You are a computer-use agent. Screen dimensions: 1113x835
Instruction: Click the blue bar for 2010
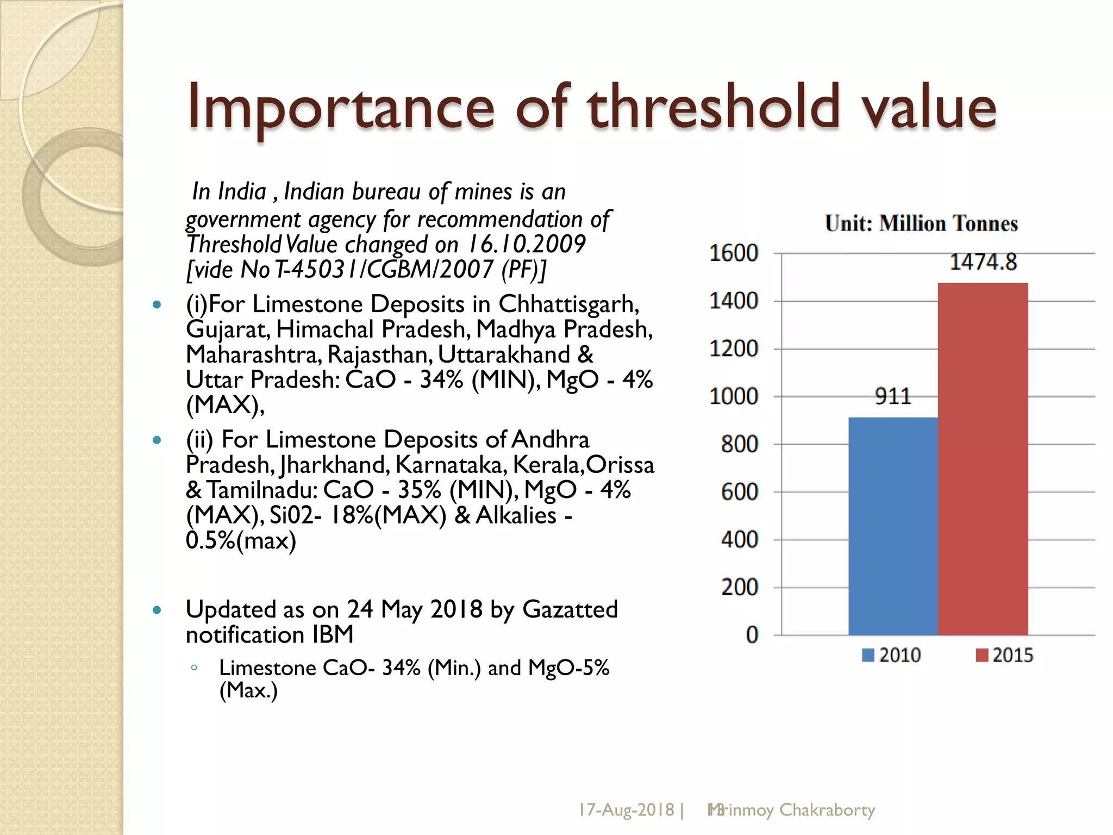[x=893, y=526]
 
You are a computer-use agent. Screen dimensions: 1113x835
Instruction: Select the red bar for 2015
[x=983, y=459]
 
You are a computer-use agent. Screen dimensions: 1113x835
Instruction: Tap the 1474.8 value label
[x=983, y=262]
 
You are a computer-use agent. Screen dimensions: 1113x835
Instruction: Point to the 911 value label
[x=893, y=396]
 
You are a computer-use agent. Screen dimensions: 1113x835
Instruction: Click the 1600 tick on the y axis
[x=734, y=253]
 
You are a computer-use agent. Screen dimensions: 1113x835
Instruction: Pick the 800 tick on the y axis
[x=739, y=444]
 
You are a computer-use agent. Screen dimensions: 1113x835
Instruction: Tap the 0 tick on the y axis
[x=752, y=635]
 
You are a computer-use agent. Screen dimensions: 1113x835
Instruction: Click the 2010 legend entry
[x=891, y=655]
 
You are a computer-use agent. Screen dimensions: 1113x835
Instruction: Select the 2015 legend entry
[x=1004, y=655]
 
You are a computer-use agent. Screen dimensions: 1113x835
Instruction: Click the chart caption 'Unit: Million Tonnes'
[x=921, y=223]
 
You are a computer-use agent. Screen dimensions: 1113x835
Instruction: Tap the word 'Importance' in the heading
[x=341, y=109]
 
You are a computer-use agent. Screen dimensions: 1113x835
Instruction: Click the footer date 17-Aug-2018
[x=626, y=810]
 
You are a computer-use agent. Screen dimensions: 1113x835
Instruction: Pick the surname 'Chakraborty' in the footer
[x=827, y=811]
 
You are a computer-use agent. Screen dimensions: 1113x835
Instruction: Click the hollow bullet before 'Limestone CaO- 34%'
[x=194, y=668]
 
